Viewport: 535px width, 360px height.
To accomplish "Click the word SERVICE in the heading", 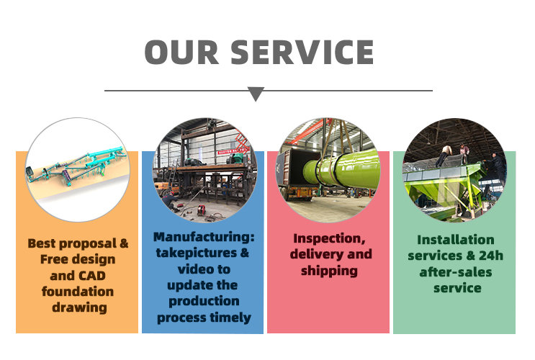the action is [302, 53].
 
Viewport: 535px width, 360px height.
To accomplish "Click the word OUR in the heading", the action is [181, 53].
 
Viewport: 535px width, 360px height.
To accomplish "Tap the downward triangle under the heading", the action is [256, 94].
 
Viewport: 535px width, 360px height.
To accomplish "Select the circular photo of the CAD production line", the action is [78, 170].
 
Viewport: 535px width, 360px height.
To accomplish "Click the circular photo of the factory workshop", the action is [204, 170].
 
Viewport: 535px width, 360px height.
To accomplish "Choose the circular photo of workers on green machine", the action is [454, 170].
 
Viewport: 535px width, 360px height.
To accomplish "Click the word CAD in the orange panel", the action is [92, 275].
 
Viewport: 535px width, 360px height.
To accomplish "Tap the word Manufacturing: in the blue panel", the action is [204, 236].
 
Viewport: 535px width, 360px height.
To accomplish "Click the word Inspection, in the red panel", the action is [329, 238].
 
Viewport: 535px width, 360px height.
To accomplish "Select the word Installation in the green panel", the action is [456, 240].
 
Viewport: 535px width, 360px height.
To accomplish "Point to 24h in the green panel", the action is [491, 256].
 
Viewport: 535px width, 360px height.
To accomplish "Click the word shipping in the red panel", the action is [329, 271].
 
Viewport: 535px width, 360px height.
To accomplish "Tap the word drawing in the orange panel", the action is [79, 307].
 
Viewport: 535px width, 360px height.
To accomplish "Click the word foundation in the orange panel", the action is [78, 292].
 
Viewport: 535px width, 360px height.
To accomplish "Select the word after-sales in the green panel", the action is [456, 272].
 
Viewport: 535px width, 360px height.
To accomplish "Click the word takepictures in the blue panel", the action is [196, 253].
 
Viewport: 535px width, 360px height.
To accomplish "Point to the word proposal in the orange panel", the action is [88, 243].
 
